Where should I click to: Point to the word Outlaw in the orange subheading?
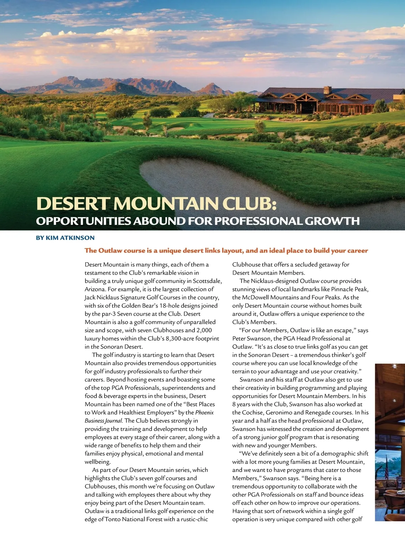pos(110,251)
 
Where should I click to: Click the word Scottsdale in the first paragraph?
pos(207,281)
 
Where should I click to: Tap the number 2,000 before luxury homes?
pos(204,330)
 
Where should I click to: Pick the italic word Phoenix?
pos(205,412)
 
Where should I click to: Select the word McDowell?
pos(255,297)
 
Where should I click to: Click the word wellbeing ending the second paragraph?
pos(97,462)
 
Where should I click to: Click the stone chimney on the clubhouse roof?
pos(327,90)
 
